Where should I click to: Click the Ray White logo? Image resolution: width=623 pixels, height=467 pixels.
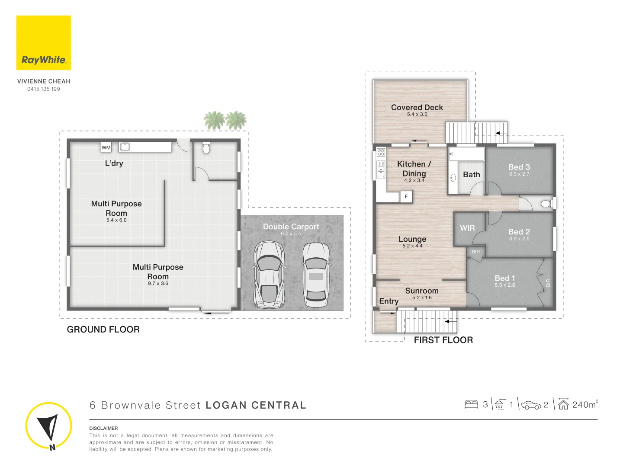pyautogui.click(x=43, y=43)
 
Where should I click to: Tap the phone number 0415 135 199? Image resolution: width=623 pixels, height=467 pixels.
pyautogui.click(x=44, y=89)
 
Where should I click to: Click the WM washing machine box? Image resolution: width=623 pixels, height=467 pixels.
pyautogui.click(x=106, y=147)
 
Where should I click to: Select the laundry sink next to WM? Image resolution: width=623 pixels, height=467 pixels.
pyautogui.click(x=125, y=147)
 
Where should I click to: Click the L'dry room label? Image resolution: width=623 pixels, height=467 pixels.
pyautogui.click(x=114, y=163)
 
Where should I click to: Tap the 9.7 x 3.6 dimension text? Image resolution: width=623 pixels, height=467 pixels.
pyautogui.click(x=158, y=284)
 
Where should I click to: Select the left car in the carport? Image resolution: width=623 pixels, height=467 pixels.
pyautogui.click(x=269, y=275)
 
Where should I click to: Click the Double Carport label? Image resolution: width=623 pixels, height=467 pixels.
pyautogui.click(x=291, y=227)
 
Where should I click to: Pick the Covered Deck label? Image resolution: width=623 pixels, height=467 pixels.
pyautogui.click(x=417, y=107)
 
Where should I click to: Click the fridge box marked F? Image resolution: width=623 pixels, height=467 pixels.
pyautogui.click(x=406, y=197)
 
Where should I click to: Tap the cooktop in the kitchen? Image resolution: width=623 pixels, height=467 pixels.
pyautogui.click(x=381, y=152)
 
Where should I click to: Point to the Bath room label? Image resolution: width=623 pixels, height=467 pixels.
pyautogui.click(x=471, y=175)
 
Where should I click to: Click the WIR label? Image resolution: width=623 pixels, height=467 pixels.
pyautogui.click(x=467, y=228)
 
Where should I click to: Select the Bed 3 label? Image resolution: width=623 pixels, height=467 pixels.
pyautogui.click(x=519, y=167)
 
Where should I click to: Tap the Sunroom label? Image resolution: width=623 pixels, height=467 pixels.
pyautogui.click(x=421, y=291)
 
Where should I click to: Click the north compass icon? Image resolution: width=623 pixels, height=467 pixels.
pyautogui.click(x=48, y=426)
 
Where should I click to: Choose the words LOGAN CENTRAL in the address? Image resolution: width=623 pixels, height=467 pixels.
pyautogui.click(x=256, y=405)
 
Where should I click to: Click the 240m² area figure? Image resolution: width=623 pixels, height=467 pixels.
pyautogui.click(x=584, y=404)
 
